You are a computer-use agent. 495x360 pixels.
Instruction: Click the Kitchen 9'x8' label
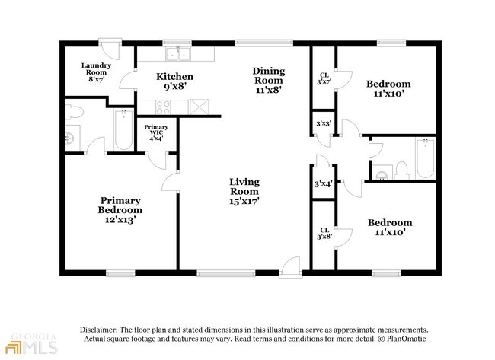(x=174, y=81)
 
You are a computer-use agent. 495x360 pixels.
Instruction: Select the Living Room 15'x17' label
(x=244, y=191)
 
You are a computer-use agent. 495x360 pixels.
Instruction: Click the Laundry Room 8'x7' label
(x=96, y=72)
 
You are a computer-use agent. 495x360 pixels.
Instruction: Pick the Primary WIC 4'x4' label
(x=156, y=132)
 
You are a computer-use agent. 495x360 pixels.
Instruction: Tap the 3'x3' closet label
(x=323, y=124)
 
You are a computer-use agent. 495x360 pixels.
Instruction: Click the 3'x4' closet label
(x=323, y=183)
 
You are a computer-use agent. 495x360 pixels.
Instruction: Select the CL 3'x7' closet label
(x=324, y=78)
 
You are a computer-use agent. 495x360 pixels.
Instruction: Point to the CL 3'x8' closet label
(x=324, y=233)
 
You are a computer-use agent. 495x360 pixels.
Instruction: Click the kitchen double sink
(x=178, y=54)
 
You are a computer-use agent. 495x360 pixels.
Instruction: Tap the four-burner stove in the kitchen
(x=163, y=107)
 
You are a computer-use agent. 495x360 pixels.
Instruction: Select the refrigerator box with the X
(x=200, y=107)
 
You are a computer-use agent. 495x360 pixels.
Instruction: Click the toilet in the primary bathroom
(x=75, y=112)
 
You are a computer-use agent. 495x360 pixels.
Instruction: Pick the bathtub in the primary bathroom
(x=123, y=129)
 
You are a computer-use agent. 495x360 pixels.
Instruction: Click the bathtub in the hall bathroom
(x=425, y=158)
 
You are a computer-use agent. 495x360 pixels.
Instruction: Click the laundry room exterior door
(x=110, y=49)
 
